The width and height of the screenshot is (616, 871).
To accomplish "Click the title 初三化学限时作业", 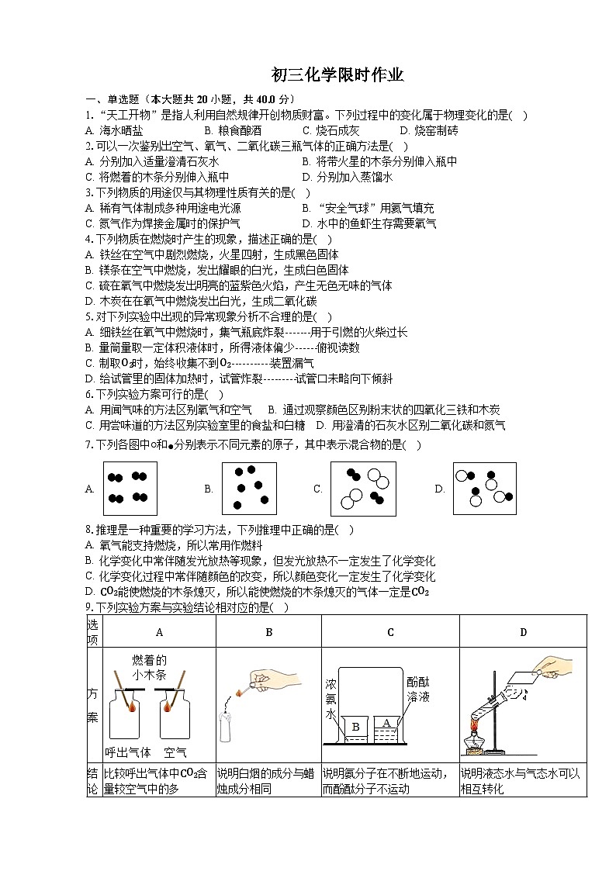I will tap(337, 75).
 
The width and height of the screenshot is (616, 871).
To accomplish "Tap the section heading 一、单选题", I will tap(112, 99).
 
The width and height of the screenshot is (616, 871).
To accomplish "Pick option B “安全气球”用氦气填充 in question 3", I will tap(368, 208).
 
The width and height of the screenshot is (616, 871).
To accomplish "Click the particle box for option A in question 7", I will tap(130, 488).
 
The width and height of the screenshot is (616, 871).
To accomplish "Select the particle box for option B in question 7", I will tap(249, 488).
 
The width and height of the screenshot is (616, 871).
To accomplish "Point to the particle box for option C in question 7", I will tap(362, 489).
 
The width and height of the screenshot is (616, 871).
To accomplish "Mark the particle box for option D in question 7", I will tap(484, 488).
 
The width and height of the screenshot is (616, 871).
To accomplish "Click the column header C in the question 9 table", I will tap(390, 632).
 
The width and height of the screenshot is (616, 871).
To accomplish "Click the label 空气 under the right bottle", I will tap(175, 752).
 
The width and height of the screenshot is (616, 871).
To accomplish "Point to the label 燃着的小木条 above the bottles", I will tap(149, 667).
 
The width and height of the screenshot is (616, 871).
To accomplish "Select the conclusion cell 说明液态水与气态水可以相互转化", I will tap(522, 781).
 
